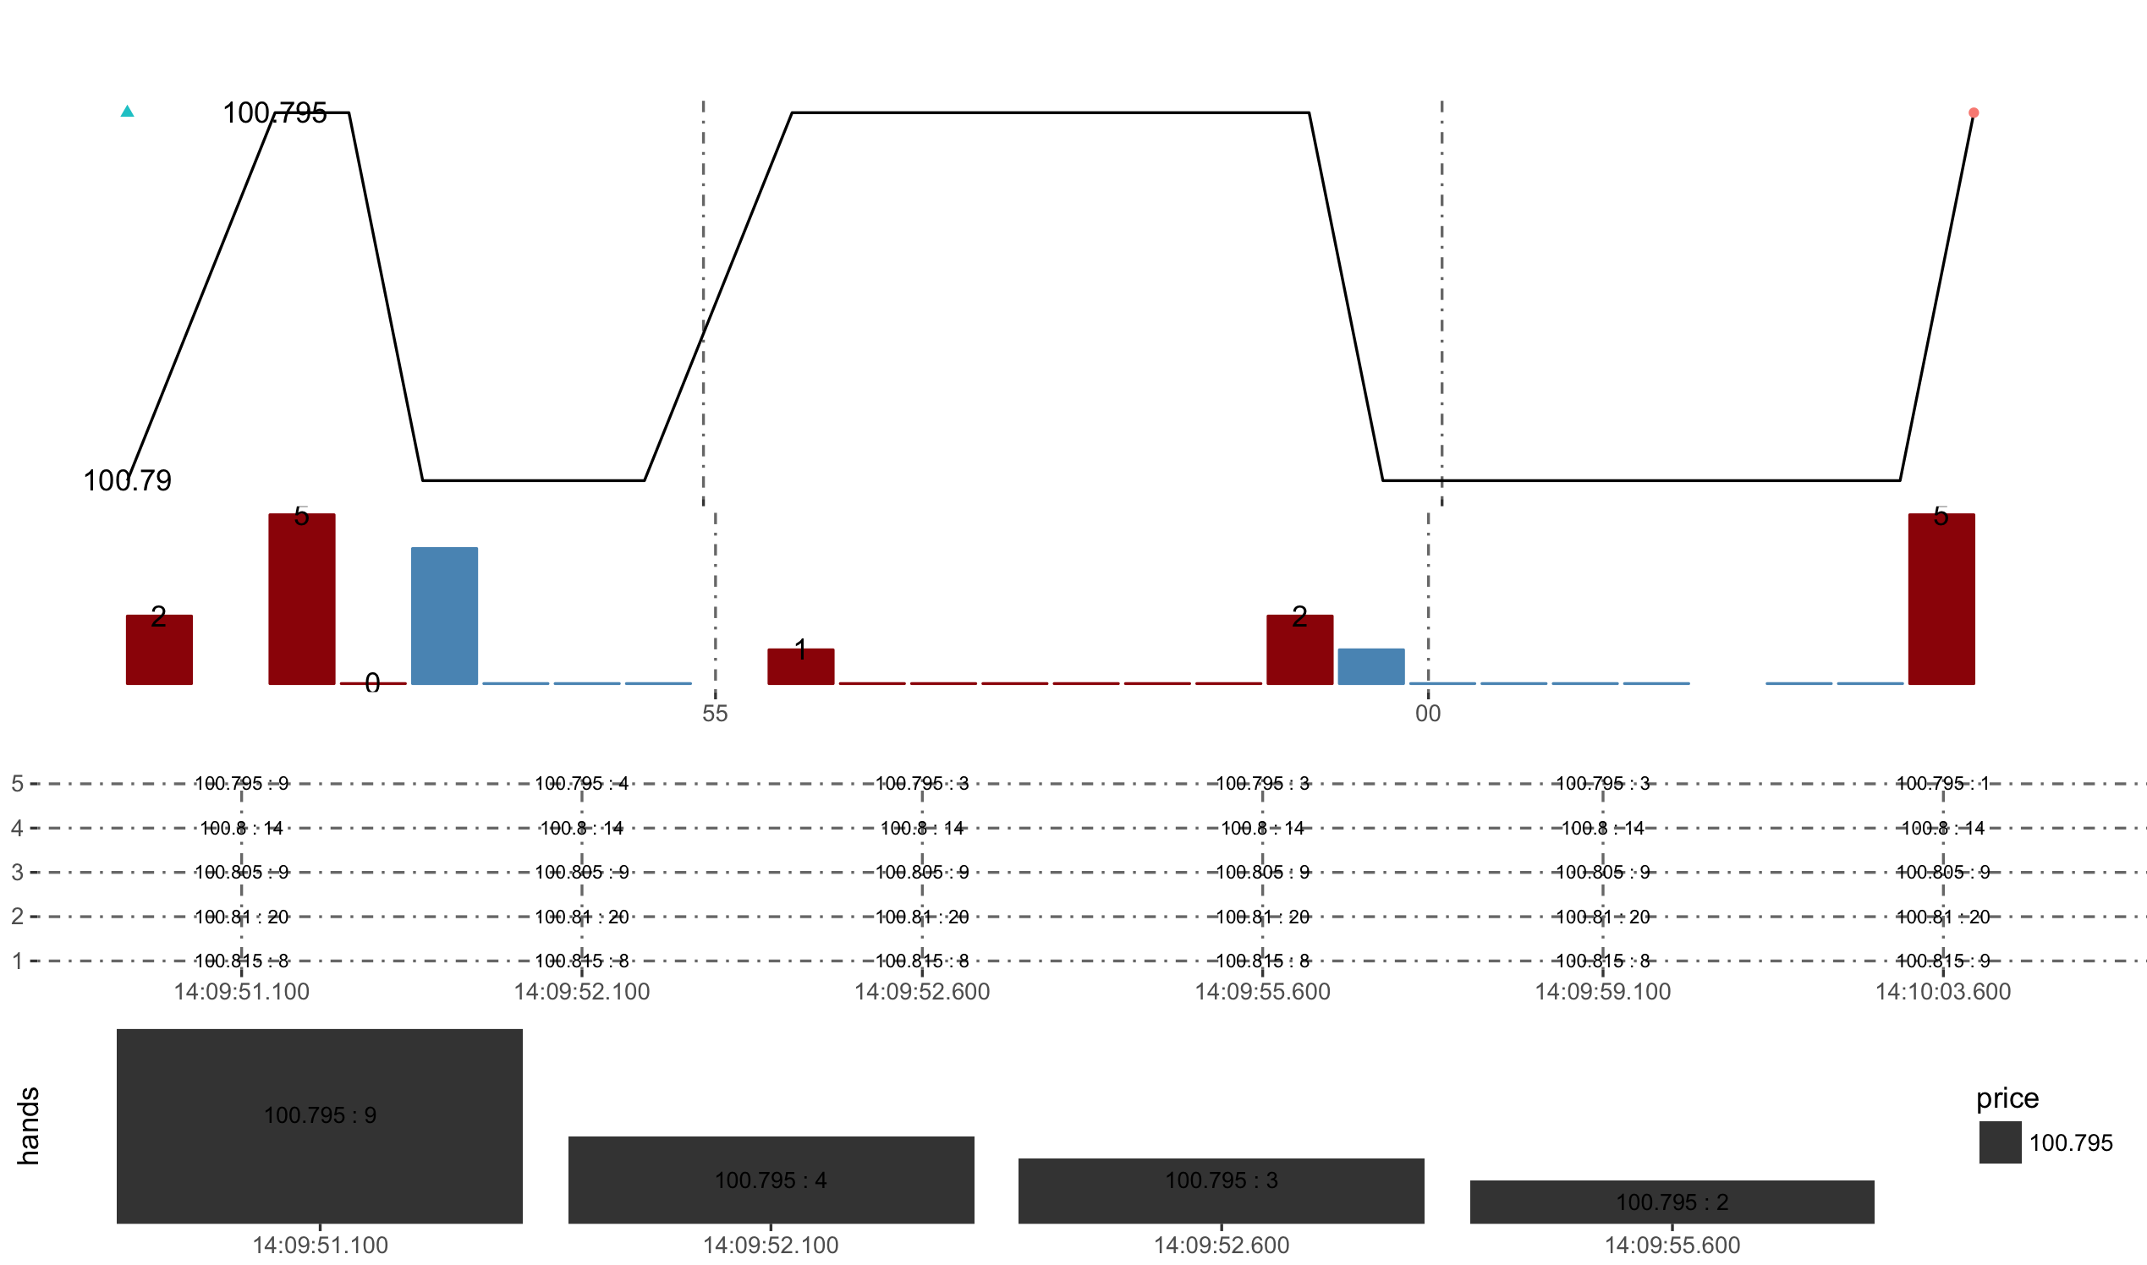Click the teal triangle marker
127,111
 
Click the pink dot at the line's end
1973,112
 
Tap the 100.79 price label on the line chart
127,481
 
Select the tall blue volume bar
444,616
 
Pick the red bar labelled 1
800,666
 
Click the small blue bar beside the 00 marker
1371,666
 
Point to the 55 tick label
715,714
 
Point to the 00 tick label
1428,714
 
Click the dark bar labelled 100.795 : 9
320,1126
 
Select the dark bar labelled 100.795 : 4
771,1180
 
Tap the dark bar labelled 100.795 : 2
1672,1202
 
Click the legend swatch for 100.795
2001,1142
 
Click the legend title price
2007,1098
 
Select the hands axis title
28,1126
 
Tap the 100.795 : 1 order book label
1943,783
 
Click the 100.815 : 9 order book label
1943,961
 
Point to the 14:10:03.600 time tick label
1943,991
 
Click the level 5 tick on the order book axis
17,783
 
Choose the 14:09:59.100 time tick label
1603,991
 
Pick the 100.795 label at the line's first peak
275,112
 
